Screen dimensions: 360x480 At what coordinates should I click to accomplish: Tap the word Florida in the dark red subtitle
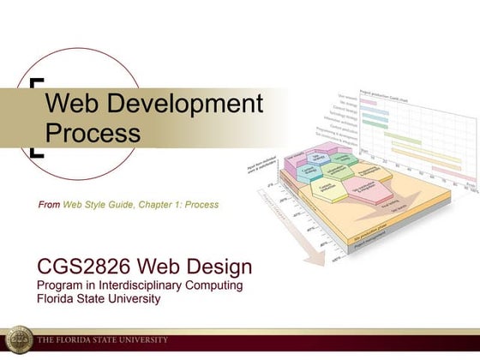click(55, 299)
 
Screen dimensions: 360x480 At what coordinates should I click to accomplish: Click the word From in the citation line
click(49, 205)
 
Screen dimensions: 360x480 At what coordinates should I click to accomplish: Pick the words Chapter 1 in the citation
click(151, 205)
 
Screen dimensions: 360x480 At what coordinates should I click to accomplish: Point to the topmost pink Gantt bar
click(368, 101)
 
